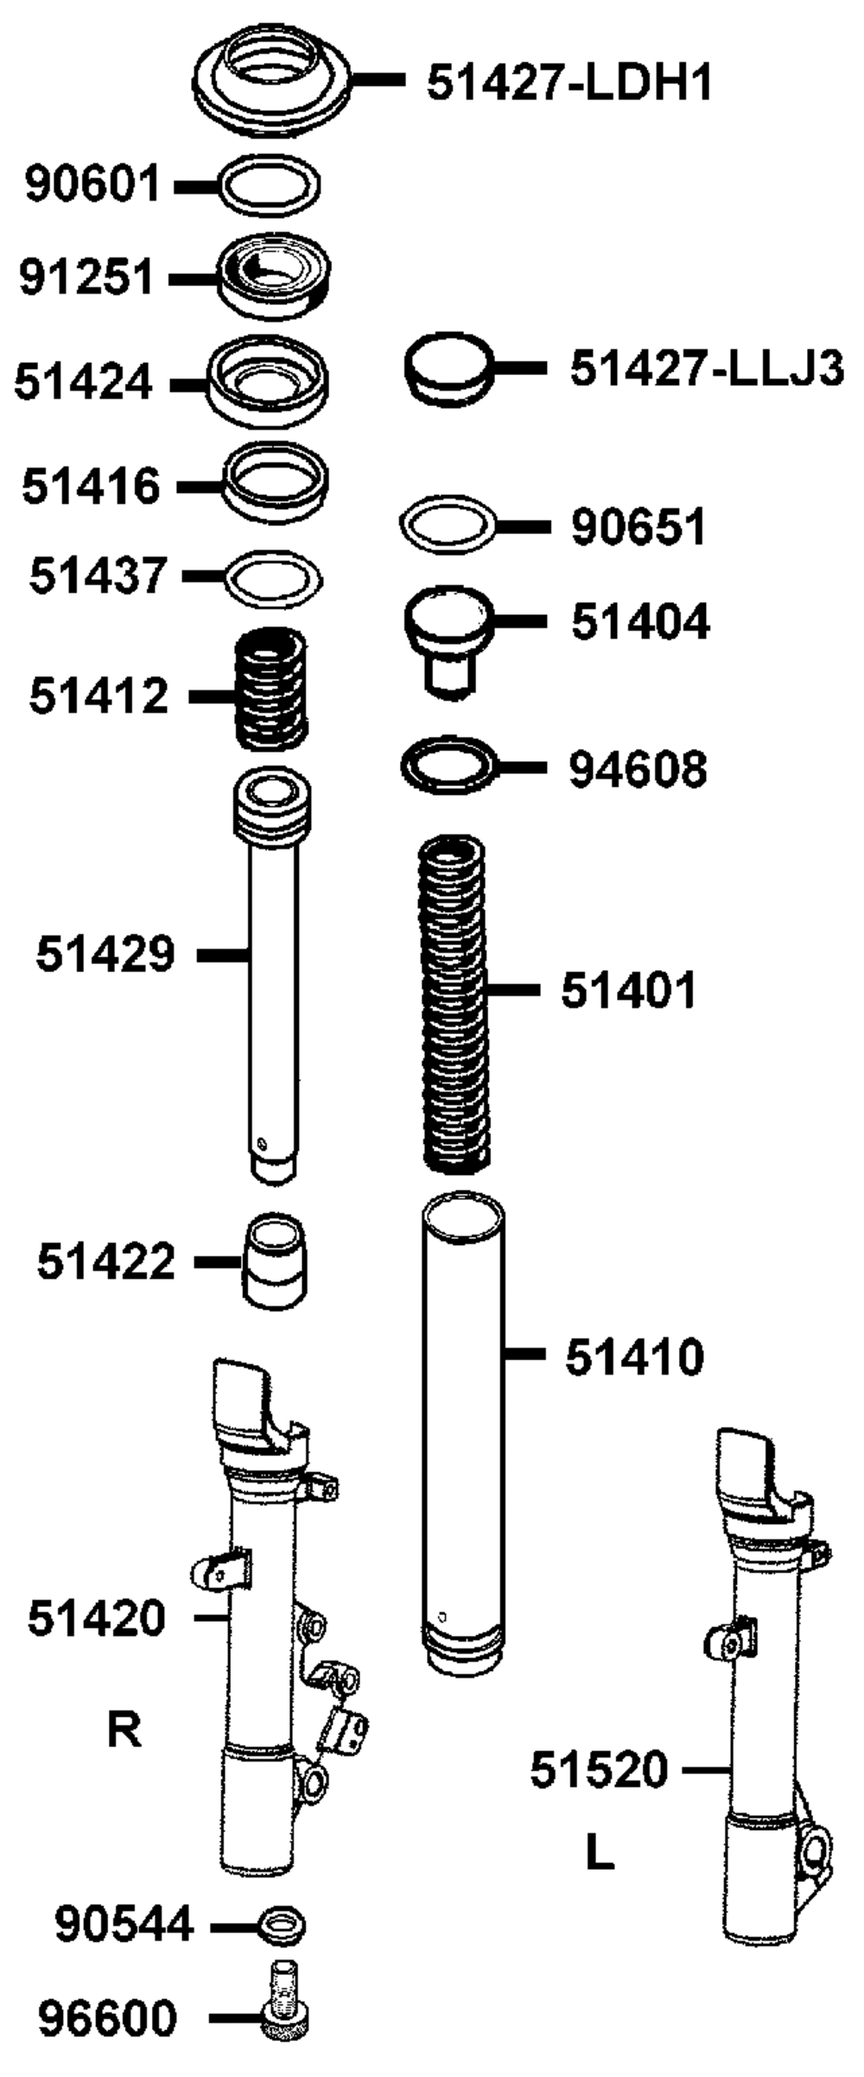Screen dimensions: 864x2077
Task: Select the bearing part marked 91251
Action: [x=273, y=278]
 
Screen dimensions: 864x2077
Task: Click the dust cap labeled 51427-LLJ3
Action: [x=448, y=369]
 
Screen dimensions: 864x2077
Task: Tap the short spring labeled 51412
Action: [x=272, y=689]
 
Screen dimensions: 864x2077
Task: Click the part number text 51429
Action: [x=105, y=955]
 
